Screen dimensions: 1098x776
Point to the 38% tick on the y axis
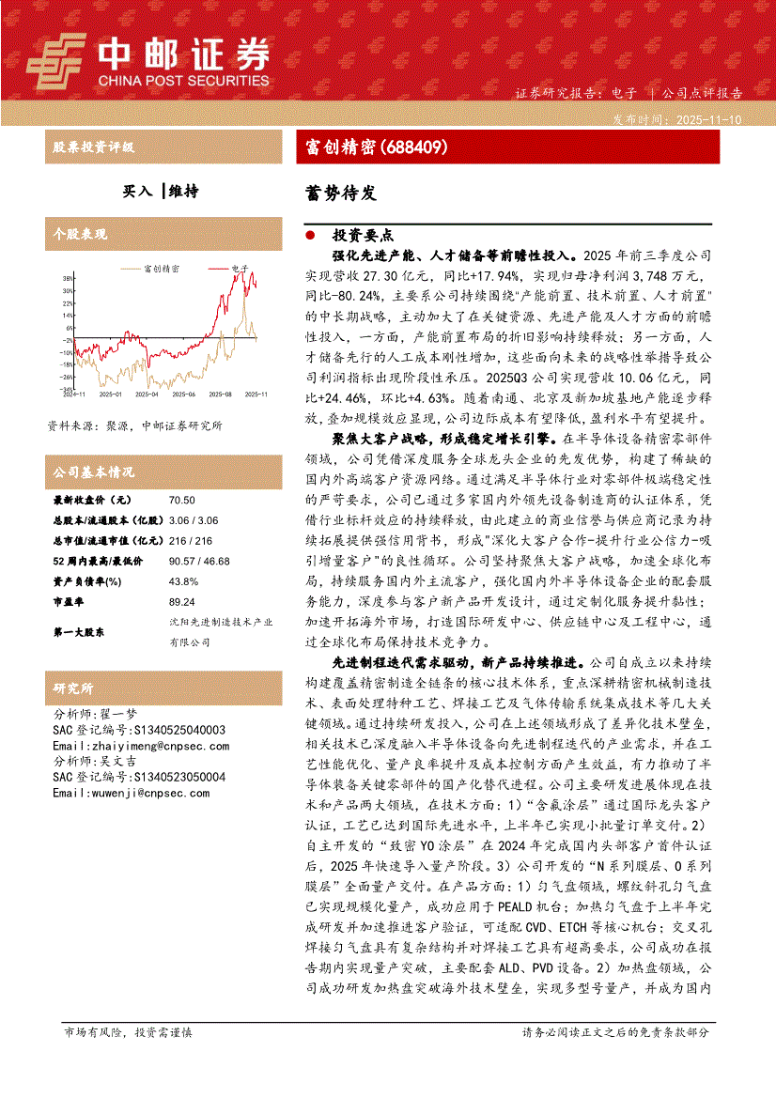click(67, 279)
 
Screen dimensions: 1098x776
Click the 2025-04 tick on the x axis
click(147, 395)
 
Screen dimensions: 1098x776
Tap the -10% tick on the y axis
click(67, 352)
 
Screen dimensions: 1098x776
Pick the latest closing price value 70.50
click(182, 501)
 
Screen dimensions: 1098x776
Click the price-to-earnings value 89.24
click(182, 600)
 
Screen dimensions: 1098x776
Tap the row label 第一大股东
click(78, 633)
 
